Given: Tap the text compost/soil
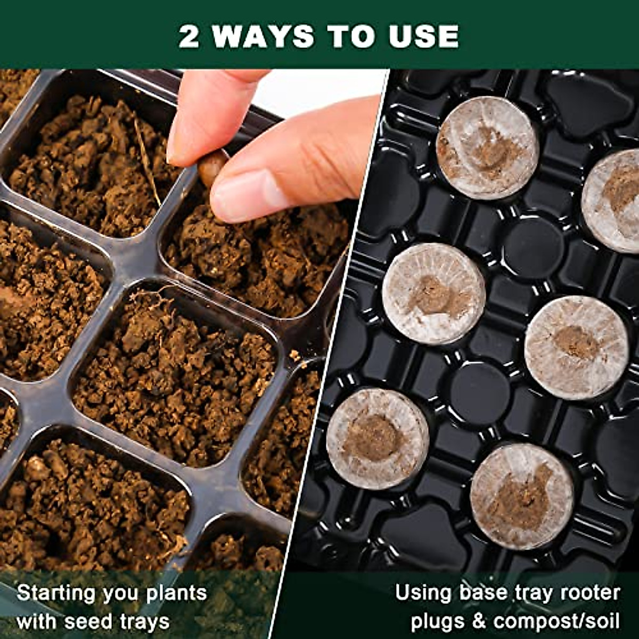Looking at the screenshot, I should pos(557,621).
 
